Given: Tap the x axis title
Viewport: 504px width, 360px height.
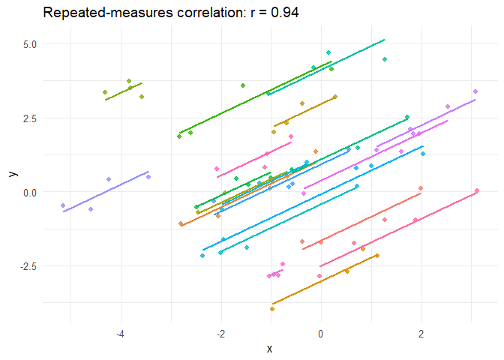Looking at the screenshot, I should [x=268, y=348].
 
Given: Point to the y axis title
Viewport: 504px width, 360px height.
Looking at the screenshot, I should [x=11, y=173].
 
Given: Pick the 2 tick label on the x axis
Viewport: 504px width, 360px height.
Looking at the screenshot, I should [x=421, y=333].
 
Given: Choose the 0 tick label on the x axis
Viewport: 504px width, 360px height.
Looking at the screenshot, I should [x=321, y=333].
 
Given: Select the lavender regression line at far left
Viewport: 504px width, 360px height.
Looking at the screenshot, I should [x=105, y=191].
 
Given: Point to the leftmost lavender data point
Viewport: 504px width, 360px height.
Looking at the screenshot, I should [x=63, y=205].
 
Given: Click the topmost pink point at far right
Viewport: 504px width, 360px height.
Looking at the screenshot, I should [x=475, y=91].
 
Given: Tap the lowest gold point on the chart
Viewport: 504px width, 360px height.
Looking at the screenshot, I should [x=272, y=308].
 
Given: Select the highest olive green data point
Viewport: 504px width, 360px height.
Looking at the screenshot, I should [x=129, y=81].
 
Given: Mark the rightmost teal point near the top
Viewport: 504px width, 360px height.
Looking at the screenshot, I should [x=385, y=59].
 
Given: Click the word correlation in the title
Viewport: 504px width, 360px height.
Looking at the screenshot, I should [x=200, y=13].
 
